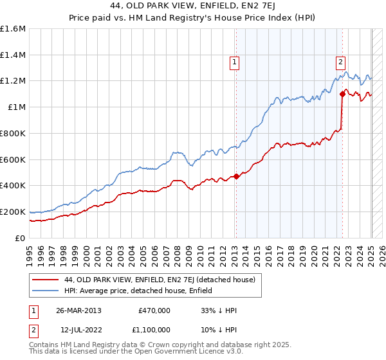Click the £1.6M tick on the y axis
14,29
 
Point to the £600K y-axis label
12,159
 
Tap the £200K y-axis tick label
12,212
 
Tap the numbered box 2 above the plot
340,62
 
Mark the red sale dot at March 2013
236,176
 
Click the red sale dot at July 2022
342,94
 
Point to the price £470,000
154,310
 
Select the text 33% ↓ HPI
219,310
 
